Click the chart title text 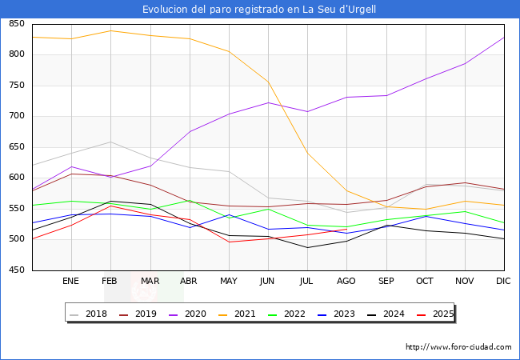pos(259,10)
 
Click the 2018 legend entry pos(90,314)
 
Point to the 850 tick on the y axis pos(16,24)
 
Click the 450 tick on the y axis pos(16,270)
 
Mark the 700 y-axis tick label pos(16,116)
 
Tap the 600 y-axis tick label pos(16,178)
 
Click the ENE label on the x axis pos(71,282)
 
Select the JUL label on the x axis pos(307,282)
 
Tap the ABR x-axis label pos(189,282)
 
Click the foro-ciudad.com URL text pos(458,347)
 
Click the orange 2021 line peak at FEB pos(110,30)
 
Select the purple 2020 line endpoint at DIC pos(504,38)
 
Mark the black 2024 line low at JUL pos(307,247)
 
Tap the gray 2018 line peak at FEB pos(110,142)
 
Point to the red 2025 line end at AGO pos(346,229)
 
